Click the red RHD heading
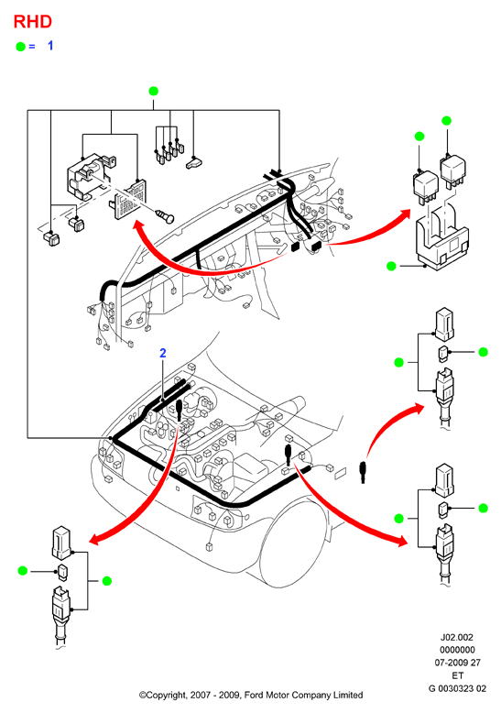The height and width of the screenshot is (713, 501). point(32,21)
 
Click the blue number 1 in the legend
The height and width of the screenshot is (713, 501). point(50,46)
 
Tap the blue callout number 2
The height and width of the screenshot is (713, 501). point(163,353)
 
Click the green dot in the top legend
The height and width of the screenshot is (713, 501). point(20,47)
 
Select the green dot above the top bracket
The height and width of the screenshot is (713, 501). point(154,91)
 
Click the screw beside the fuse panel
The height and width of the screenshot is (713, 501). point(165,215)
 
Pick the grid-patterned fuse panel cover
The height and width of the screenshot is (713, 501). point(129,199)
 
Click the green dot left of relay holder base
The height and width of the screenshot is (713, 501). point(391,266)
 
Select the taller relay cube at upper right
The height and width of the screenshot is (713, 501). point(452,170)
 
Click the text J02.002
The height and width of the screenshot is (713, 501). point(457,638)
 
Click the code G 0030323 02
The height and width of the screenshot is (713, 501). point(457,688)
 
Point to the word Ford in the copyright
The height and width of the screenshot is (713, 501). point(255,695)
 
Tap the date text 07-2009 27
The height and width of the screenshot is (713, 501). point(457,663)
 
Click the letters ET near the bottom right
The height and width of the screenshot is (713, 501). point(457,675)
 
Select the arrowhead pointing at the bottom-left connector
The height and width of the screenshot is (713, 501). point(94,540)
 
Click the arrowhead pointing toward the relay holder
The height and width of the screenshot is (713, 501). point(404,215)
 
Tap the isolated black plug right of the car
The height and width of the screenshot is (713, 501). point(363,472)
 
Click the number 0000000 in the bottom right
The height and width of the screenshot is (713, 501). point(457,650)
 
